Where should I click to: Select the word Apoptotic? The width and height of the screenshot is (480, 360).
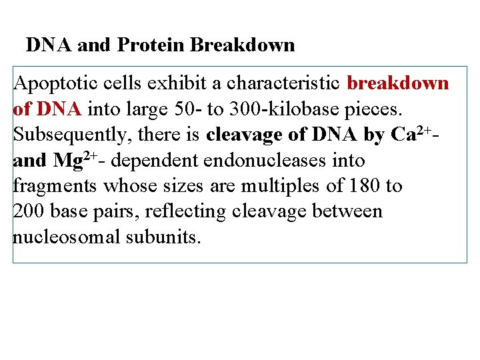(52, 85)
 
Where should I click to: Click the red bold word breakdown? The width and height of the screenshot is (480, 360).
(398, 84)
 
